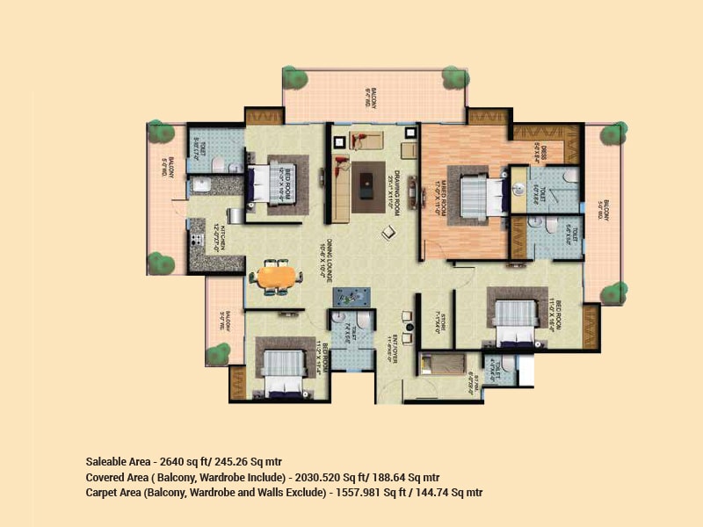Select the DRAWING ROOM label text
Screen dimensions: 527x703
click(397, 186)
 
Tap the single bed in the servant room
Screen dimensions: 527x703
click(438, 363)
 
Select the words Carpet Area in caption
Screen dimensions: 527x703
click(112, 493)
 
